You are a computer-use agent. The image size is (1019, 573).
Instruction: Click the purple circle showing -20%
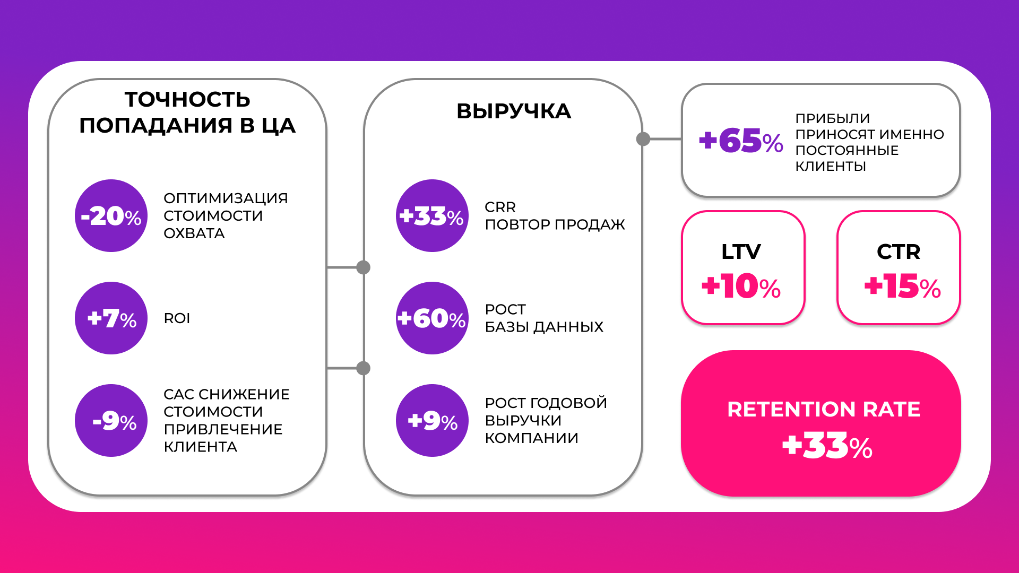pyautogui.click(x=111, y=215)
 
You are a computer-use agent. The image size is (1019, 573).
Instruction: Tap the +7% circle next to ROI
pyautogui.click(x=111, y=318)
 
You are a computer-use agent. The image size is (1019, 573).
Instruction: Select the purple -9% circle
pyautogui.click(x=111, y=420)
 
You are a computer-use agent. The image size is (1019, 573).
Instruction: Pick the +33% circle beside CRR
pyautogui.click(x=432, y=215)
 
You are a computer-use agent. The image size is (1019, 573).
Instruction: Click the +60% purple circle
pyautogui.click(x=432, y=318)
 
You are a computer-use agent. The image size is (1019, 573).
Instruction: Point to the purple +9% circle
pyautogui.click(x=432, y=420)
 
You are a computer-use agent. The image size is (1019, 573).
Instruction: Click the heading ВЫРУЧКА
pyautogui.click(x=514, y=111)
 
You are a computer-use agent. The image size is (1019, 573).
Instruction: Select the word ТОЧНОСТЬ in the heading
pyautogui.click(x=187, y=100)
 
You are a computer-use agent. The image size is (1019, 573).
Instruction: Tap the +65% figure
pyautogui.click(x=741, y=141)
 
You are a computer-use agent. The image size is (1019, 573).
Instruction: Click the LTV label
pyautogui.click(x=741, y=251)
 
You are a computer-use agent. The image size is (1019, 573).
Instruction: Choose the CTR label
pyautogui.click(x=899, y=251)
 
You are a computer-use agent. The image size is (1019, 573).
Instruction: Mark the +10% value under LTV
pyautogui.click(x=741, y=286)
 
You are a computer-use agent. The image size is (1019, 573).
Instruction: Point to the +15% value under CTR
pyautogui.click(x=903, y=286)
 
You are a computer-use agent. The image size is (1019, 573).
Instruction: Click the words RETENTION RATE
pyautogui.click(x=824, y=410)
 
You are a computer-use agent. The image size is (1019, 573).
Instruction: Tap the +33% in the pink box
pyautogui.click(x=827, y=446)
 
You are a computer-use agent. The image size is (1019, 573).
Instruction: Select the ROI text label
pyautogui.click(x=177, y=318)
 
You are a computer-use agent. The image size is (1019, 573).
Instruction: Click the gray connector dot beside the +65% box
pyautogui.click(x=643, y=139)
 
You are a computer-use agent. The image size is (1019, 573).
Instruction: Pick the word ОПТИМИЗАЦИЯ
pyautogui.click(x=226, y=198)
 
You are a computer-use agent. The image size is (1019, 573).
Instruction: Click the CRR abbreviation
pyautogui.click(x=500, y=207)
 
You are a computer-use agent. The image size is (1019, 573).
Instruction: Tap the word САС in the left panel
pyautogui.click(x=179, y=394)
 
